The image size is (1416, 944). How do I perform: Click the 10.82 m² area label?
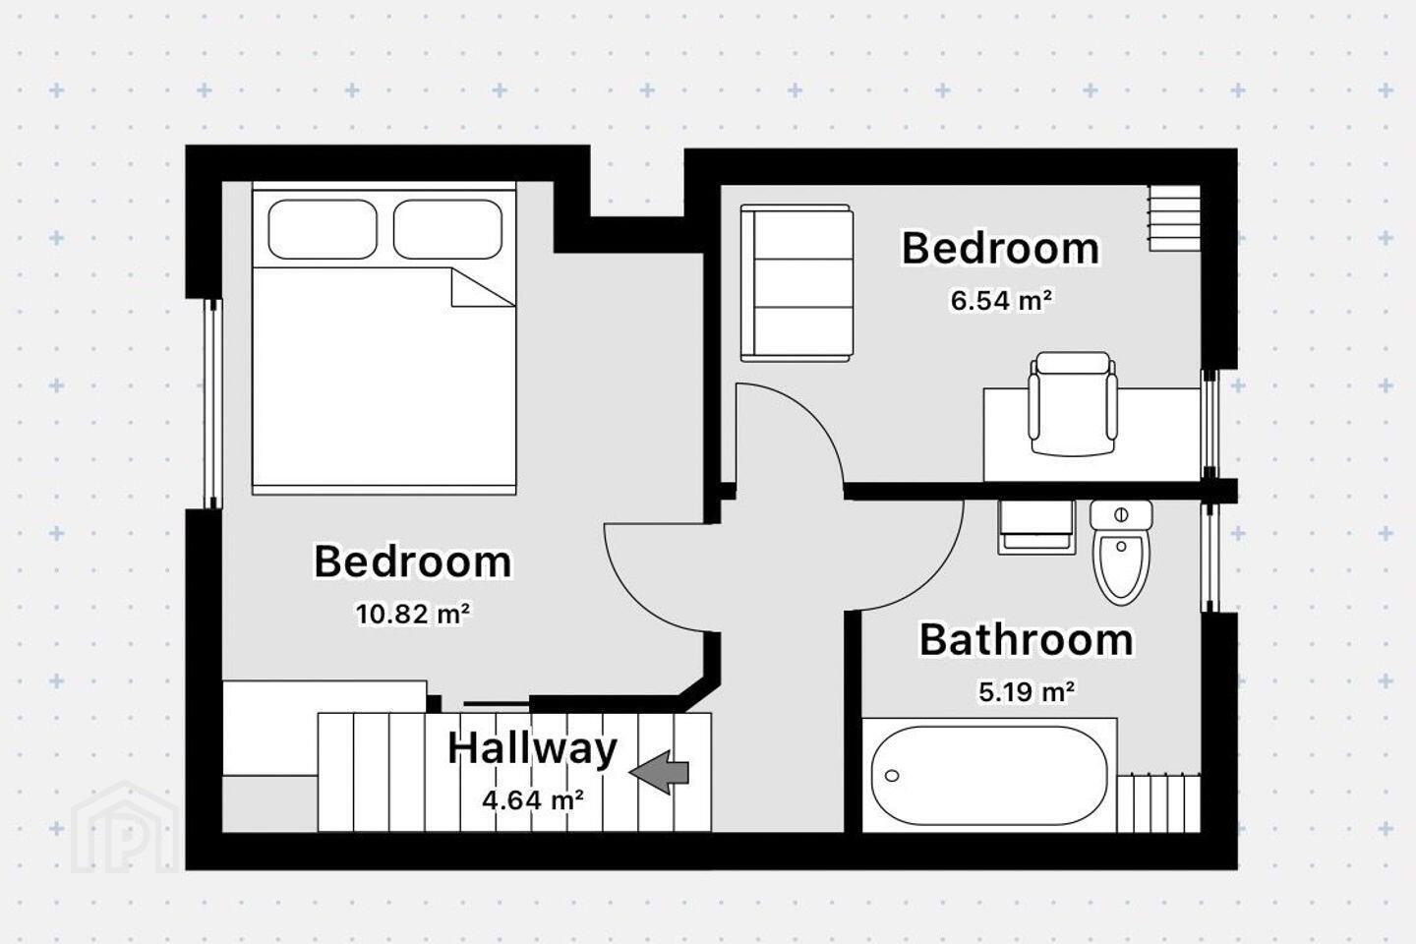(413, 614)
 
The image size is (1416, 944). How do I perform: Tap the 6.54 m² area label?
(1002, 300)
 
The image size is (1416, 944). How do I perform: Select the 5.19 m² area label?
(1027, 691)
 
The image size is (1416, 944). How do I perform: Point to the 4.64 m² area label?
(532, 800)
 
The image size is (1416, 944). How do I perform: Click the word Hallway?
(532, 749)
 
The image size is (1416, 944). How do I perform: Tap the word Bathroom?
(1027, 640)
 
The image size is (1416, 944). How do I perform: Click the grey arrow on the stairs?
(659, 772)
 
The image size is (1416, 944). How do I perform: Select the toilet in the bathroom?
(1121, 552)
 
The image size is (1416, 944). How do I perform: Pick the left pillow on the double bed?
(323, 229)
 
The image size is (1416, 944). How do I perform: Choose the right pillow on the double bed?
(447, 229)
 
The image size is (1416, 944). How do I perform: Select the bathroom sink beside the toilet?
(1036, 527)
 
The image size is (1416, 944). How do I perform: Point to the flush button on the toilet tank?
(1121, 514)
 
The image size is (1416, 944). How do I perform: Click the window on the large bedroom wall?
(213, 403)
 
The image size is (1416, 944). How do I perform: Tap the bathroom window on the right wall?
(1209, 558)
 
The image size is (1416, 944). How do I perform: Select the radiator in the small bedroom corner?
(1174, 218)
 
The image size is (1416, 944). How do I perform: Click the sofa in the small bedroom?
(797, 282)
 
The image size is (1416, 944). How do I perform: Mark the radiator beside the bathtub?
(1158, 803)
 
